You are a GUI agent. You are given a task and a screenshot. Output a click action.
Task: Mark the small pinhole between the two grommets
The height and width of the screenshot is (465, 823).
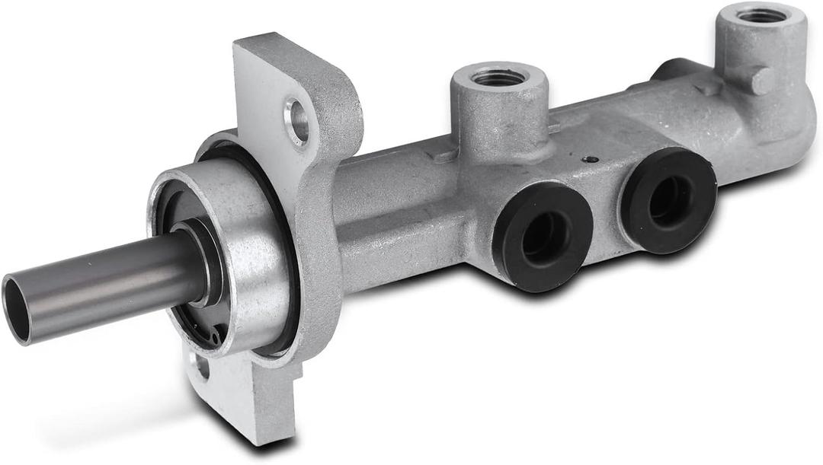(588, 159)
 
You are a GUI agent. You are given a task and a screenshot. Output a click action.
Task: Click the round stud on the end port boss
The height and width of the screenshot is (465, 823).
(760, 81)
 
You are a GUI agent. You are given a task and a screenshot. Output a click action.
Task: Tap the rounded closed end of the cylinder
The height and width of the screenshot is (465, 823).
(800, 137)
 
